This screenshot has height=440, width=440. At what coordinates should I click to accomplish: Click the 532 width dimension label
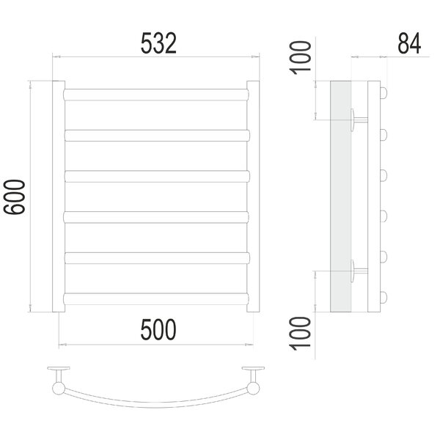tap(158, 43)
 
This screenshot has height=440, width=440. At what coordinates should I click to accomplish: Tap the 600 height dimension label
tap(15, 197)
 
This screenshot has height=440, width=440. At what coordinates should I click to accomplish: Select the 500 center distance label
tap(158, 329)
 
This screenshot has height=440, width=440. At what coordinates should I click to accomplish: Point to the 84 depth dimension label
tap(409, 43)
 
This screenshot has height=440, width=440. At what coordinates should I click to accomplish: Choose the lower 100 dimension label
tap(301, 334)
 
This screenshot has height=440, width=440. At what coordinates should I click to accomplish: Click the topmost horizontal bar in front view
tap(156, 95)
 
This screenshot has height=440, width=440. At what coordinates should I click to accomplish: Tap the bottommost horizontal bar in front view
tap(156, 299)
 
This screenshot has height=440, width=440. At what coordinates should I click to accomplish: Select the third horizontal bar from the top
tap(157, 176)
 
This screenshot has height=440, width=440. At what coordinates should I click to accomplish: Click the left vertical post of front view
tap(59, 197)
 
